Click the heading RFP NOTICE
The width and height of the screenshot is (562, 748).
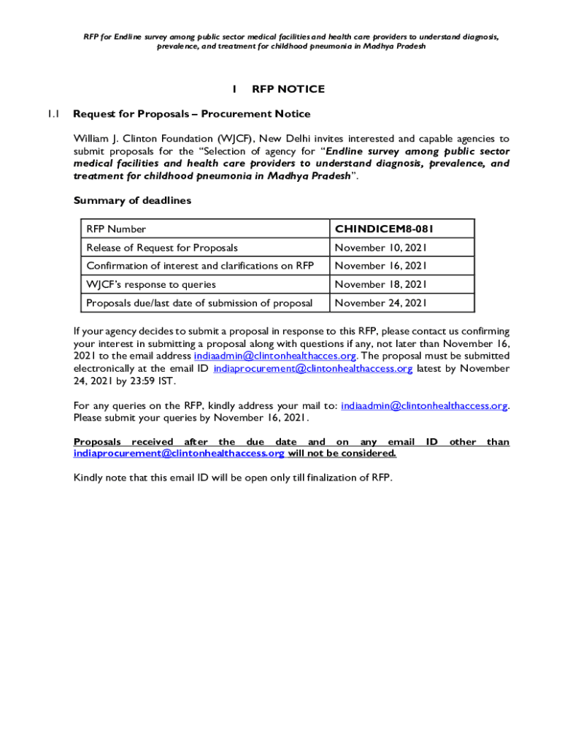tap(288, 89)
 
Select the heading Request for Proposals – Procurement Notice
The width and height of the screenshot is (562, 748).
tap(192, 114)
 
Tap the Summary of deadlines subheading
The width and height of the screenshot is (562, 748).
tap(132, 201)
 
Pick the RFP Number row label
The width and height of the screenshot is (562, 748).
tap(116, 229)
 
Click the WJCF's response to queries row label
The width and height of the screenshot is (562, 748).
tap(151, 284)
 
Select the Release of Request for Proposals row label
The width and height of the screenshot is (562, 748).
tap(162, 248)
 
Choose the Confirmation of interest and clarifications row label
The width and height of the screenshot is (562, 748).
tap(200, 266)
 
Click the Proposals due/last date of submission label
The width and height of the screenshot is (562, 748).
tap(199, 302)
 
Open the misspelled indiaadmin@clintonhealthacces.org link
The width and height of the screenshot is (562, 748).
tap(275, 356)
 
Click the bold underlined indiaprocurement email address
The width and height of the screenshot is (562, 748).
tap(179, 454)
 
